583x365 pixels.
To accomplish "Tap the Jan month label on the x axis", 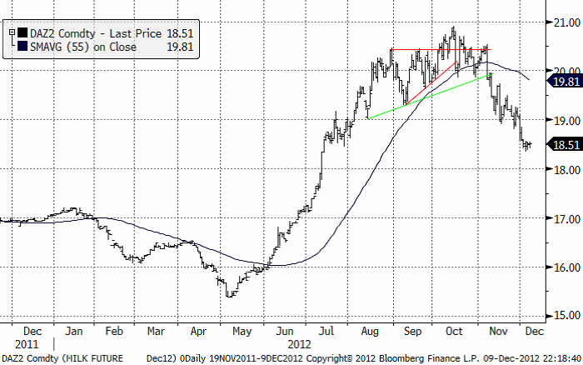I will click(x=75, y=330).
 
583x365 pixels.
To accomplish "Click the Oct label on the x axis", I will click(x=454, y=330).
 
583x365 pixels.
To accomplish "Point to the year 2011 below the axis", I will click(x=26, y=343).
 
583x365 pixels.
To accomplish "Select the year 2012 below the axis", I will click(x=300, y=343).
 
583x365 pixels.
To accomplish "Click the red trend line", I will click(x=431, y=76).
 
